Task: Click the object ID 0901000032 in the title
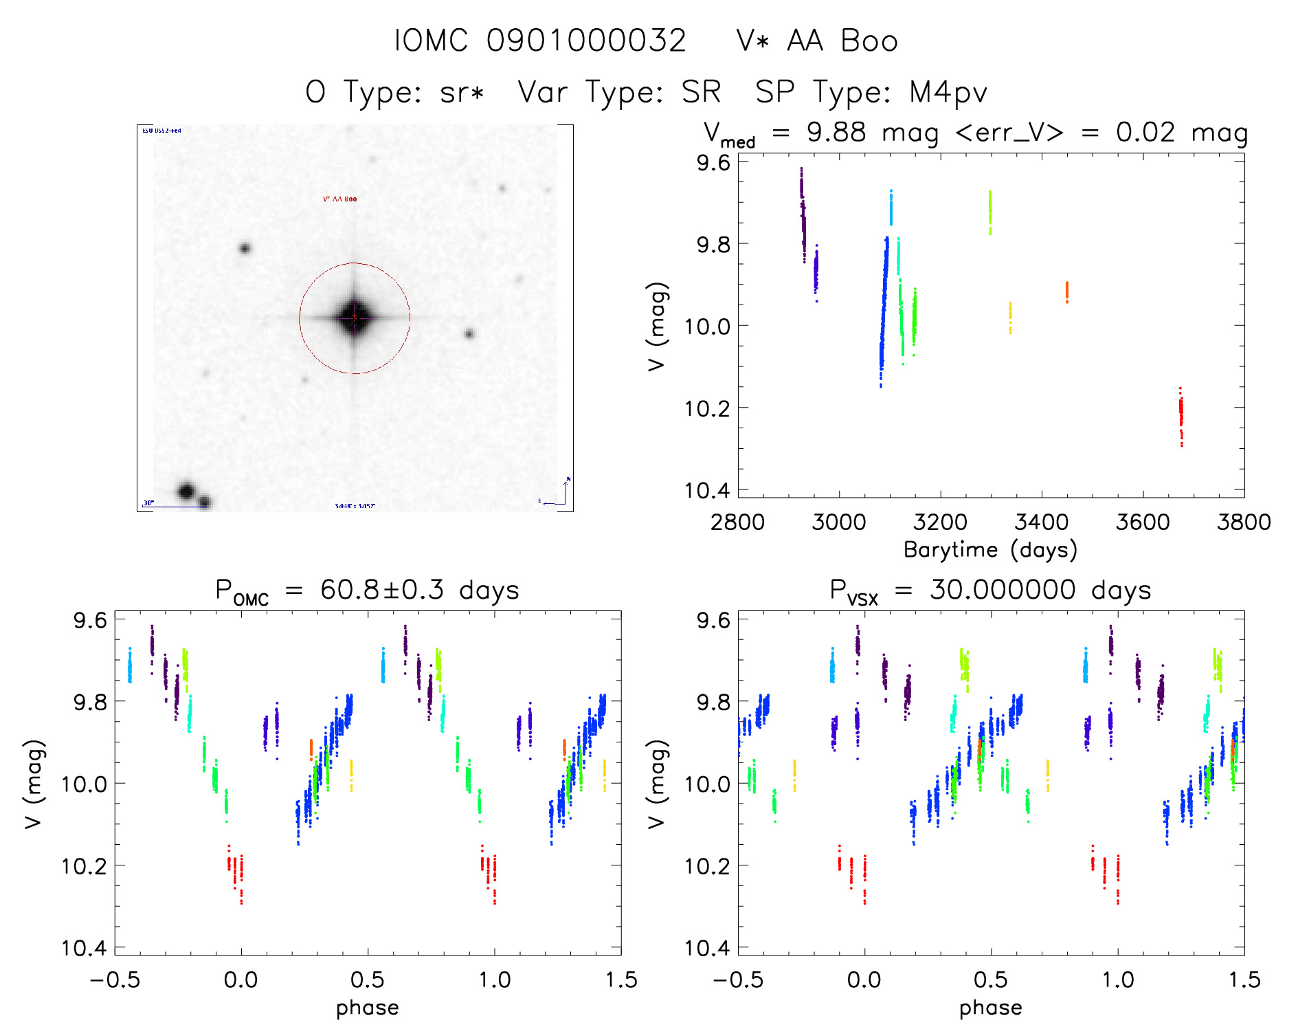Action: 586,41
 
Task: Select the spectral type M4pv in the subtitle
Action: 948,92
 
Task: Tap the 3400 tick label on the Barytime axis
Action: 1041,522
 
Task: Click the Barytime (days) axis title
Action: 990,550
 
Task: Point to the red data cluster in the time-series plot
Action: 1180,416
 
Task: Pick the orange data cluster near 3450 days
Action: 1066,292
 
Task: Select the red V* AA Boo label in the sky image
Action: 340,199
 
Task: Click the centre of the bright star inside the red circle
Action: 355,318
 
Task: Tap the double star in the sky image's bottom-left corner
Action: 192,494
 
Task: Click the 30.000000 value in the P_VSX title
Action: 1003,590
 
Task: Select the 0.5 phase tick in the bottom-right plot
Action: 991,980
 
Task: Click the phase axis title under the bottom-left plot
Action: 368,1008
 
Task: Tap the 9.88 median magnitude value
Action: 836,133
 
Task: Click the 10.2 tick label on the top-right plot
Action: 707,408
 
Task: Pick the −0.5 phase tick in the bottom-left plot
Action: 115,980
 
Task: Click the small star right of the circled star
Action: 469,334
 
